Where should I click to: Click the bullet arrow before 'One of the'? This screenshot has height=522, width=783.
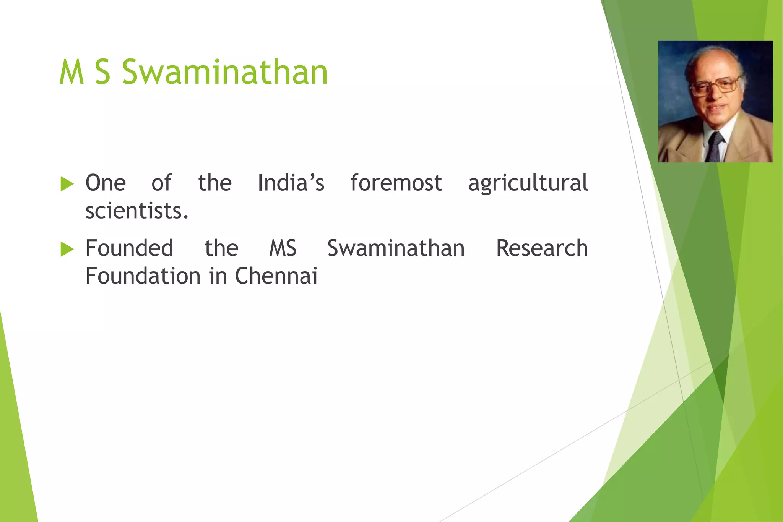pos(67,184)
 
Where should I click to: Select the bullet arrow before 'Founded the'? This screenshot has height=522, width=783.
pos(67,250)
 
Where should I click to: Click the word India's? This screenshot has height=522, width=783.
pos(291,183)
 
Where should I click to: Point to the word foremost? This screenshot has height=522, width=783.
pos(396,183)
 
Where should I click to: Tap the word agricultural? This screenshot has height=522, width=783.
pos(528,183)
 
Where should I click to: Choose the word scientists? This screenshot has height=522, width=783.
pos(137,211)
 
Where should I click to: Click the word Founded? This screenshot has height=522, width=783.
pos(129,248)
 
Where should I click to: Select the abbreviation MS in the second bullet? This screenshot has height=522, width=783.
pos(283,248)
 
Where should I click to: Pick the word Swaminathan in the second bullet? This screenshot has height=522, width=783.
pos(396,248)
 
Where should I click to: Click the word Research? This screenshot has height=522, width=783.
pos(542,248)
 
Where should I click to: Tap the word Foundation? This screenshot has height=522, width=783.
pos(143,276)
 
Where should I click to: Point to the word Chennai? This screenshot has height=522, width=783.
pos(276,276)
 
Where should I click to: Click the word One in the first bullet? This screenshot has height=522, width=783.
pos(106,183)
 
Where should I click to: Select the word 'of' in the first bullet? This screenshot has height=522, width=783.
pos(161,183)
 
